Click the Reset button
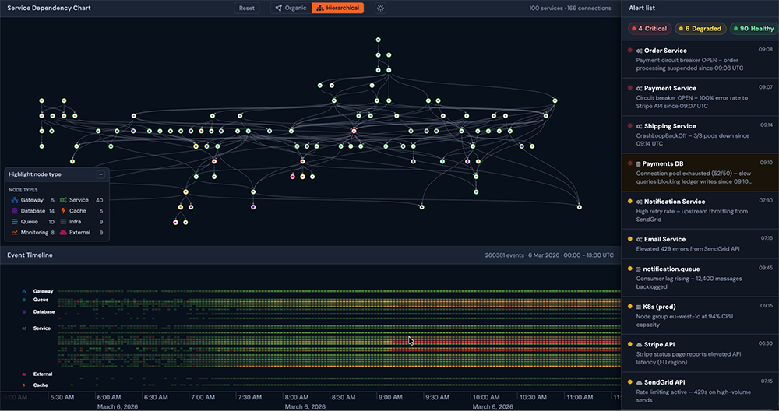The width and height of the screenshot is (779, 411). click(x=246, y=8)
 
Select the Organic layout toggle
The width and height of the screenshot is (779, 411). click(x=291, y=8)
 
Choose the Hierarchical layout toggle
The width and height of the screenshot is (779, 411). click(x=338, y=8)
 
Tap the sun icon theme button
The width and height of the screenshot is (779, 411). click(x=381, y=8)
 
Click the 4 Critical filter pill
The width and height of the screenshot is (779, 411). click(x=650, y=29)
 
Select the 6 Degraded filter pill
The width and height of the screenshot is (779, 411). click(x=700, y=29)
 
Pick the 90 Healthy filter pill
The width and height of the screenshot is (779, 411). click(x=754, y=29)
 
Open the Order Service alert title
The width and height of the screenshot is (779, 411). click(x=665, y=51)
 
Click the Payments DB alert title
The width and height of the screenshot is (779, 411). click(x=663, y=163)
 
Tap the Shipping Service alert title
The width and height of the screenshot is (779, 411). click(x=670, y=126)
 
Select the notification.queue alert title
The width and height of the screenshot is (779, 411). click(x=671, y=269)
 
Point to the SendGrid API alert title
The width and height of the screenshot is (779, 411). click(x=664, y=382)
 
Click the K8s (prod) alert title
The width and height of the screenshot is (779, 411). click(x=659, y=307)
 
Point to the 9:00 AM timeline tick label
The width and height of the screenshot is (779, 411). click(x=390, y=397)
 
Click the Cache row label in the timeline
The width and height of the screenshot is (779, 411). click(x=41, y=385)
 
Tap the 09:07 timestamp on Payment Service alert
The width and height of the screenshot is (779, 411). click(x=766, y=87)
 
